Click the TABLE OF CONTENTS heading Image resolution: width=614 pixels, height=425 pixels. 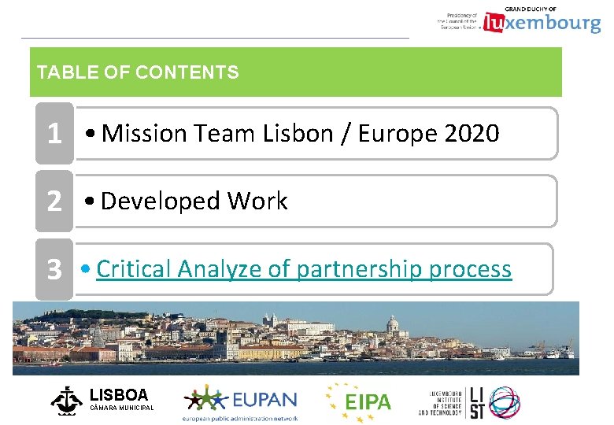click(x=138, y=73)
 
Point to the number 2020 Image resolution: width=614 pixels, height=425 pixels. click(x=472, y=134)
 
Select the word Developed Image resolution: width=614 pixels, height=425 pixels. click(x=161, y=201)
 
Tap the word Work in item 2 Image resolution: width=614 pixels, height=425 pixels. click(x=258, y=201)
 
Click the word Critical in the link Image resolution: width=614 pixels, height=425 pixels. click(x=134, y=269)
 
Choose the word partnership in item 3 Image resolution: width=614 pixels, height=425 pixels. click(x=359, y=270)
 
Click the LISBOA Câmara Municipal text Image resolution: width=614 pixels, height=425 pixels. click(x=120, y=399)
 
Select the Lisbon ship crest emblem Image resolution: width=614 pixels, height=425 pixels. click(x=66, y=400)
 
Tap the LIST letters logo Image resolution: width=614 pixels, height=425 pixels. click(x=477, y=401)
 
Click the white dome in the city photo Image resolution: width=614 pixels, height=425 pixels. click(x=392, y=324)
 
